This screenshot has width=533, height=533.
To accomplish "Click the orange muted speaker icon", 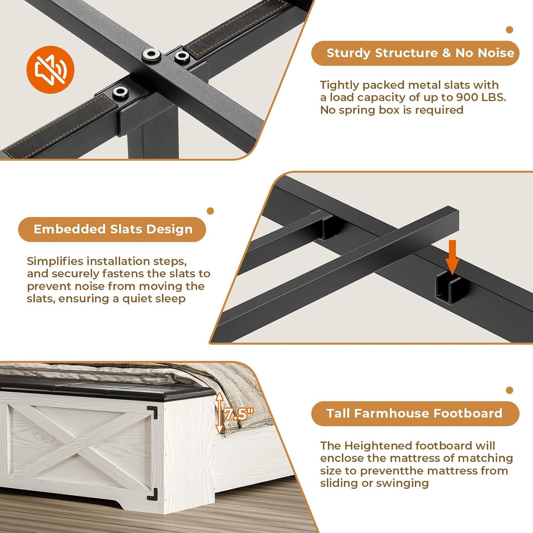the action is [50, 70].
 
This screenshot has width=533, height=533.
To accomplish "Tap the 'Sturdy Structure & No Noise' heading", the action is [420, 53].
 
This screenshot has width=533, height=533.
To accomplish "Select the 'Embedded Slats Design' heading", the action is [113, 229].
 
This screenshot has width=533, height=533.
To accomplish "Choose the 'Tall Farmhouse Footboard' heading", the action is [414, 413].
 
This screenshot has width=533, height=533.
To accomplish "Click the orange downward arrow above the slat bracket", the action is [452, 257].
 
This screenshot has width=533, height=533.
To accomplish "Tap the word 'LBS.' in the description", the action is [494, 97].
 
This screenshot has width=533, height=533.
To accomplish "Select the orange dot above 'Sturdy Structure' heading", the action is [509, 30].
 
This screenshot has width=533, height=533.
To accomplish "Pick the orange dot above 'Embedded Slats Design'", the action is [210, 211].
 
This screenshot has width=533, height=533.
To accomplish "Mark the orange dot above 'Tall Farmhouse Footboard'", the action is [509, 390].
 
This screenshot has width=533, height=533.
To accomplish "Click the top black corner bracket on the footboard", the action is [153, 412].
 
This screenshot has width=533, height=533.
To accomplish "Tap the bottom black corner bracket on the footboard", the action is [153, 494].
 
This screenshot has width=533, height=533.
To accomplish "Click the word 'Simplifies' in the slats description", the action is [55, 261].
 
